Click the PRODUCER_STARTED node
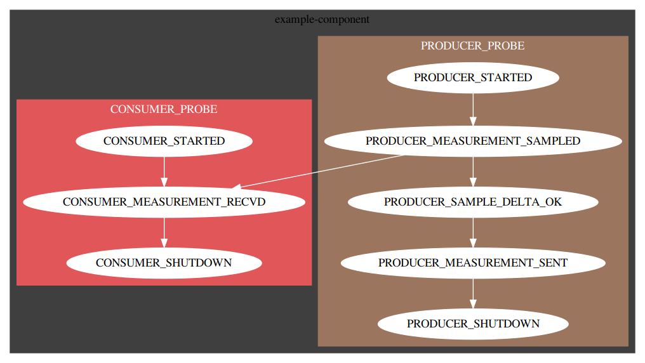473,78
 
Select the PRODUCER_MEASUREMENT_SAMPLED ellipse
473,141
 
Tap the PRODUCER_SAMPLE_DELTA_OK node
473,202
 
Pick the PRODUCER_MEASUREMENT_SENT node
473,263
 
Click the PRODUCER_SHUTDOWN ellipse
473,324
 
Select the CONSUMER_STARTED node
164,141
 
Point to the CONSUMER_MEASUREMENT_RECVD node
164,202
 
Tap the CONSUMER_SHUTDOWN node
164,263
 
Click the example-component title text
322,19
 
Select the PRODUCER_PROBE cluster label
473,46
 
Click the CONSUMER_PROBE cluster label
164,109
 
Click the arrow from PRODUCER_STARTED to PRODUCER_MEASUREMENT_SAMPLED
473,109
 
